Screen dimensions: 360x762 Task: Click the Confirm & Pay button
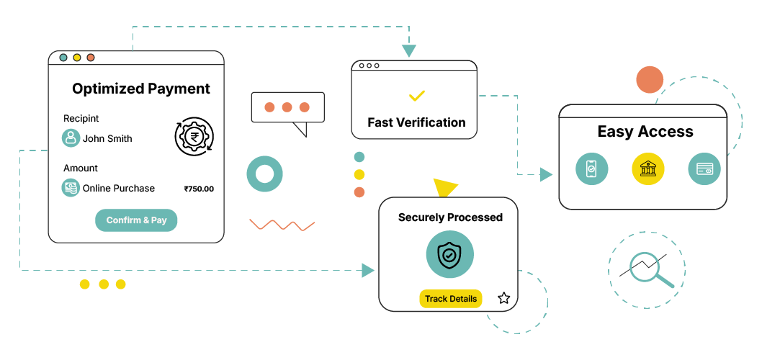pos(136,220)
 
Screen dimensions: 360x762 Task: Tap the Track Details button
pos(451,299)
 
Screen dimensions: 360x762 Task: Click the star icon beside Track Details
pos(503,298)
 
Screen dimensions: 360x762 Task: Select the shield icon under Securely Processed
pos(449,254)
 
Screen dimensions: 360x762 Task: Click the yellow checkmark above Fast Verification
pos(416,95)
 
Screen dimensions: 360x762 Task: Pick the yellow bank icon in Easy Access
pos(647,169)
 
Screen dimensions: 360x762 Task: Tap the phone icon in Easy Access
pos(591,169)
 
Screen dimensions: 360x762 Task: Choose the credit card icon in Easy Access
pos(704,169)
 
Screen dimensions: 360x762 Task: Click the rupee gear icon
pos(194,137)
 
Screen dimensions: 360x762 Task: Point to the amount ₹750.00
pos(199,189)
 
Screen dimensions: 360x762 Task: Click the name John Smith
pos(107,138)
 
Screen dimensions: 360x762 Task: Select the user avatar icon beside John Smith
pos(71,138)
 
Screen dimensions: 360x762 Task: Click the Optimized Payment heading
pos(141,89)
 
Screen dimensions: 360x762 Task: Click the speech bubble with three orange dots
pos(287,108)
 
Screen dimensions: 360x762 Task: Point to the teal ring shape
pos(264,174)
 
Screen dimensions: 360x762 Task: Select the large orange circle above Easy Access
pos(650,81)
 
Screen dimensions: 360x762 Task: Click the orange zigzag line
pos(282,225)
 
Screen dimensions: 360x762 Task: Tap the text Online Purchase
pos(119,189)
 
